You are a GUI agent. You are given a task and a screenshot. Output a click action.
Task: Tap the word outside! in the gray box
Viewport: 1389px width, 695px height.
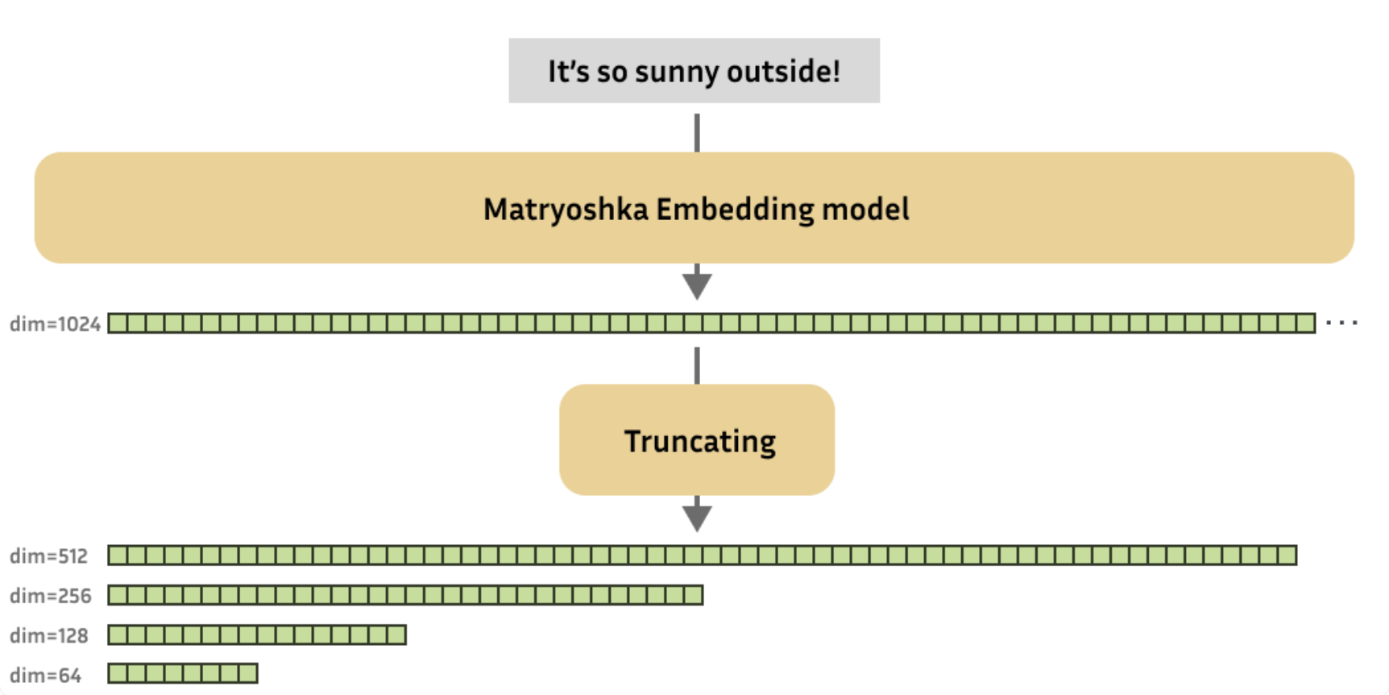pos(783,71)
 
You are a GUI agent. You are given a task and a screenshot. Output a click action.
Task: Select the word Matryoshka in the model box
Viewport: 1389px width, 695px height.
pos(565,210)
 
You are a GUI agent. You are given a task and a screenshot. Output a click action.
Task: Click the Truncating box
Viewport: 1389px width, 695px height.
pos(697,440)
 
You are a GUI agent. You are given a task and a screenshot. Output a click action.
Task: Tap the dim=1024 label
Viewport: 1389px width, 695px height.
pos(55,324)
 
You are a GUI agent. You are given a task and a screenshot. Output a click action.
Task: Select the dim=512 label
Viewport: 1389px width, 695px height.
pos(48,556)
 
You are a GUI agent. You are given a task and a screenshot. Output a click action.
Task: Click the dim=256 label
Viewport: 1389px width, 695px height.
pos(50,596)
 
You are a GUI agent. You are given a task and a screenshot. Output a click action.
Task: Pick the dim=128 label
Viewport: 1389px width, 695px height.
pos(48,635)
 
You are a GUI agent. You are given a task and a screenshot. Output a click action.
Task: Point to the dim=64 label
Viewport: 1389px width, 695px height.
pos(45,675)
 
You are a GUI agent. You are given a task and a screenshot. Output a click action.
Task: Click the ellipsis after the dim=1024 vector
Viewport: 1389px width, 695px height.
pos(1341,323)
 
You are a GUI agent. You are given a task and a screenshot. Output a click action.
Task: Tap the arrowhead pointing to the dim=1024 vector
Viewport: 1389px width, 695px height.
pos(697,285)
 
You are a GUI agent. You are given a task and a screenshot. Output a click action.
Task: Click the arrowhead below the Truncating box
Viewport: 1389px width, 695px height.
pos(697,517)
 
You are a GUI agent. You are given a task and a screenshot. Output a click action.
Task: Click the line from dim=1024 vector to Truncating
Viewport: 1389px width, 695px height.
pos(697,365)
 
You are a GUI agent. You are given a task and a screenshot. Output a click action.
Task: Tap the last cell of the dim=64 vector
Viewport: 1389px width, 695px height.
pos(248,673)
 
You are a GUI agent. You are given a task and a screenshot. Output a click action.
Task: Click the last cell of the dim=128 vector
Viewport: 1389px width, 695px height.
pos(396,635)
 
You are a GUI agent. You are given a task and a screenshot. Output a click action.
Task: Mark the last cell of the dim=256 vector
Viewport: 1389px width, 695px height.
pos(693,596)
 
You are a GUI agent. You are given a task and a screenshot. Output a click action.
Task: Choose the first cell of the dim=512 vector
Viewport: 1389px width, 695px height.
pos(118,556)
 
